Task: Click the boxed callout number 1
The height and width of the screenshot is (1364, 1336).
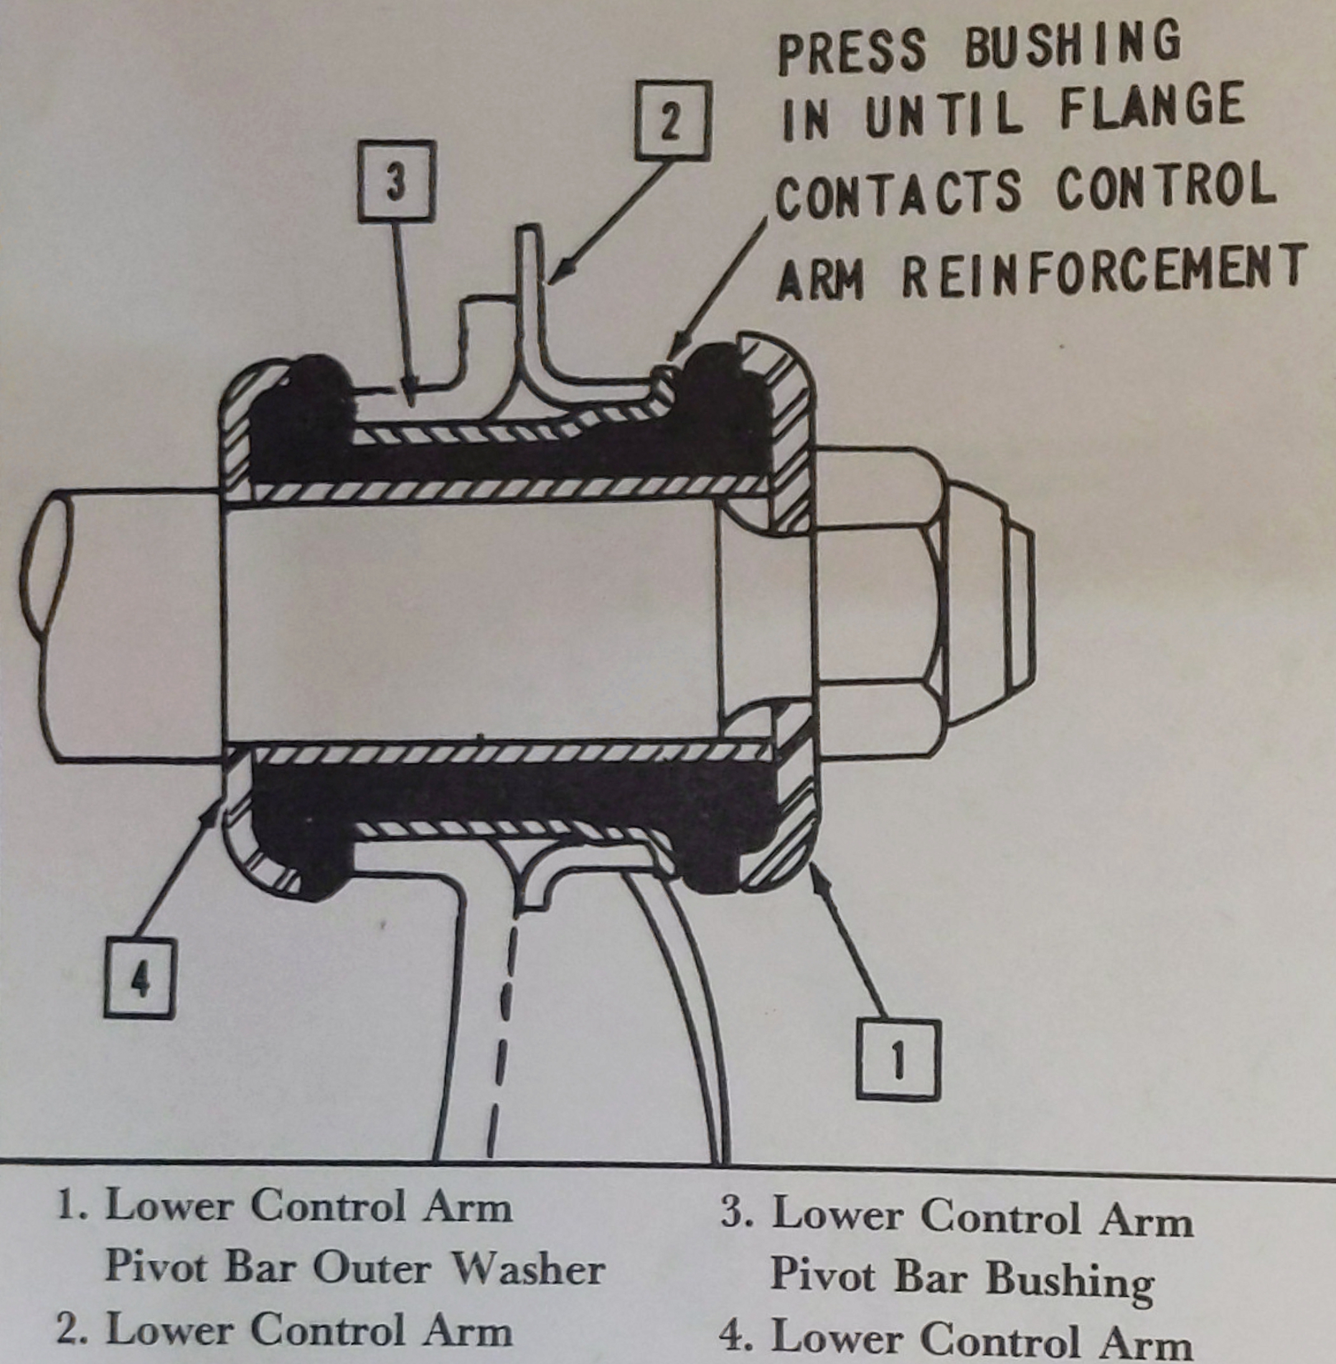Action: (x=898, y=1060)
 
